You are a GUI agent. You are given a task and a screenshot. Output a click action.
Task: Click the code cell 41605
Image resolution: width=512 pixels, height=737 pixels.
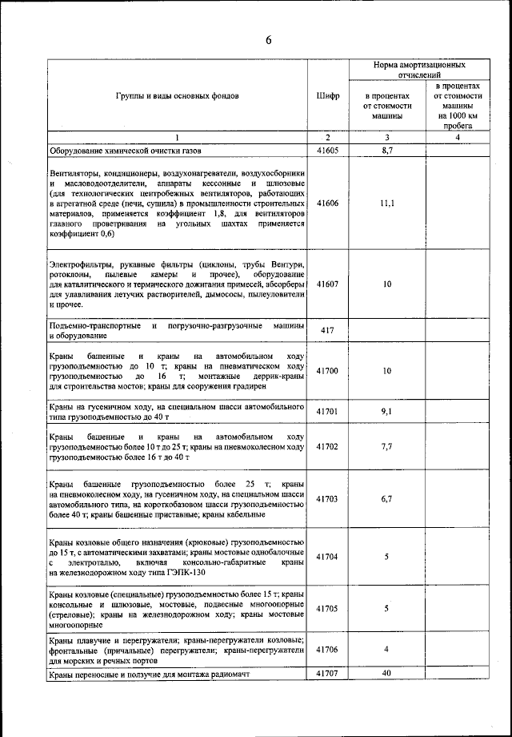click(328, 150)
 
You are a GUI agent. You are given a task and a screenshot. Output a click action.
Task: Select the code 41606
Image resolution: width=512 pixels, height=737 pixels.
click(328, 203)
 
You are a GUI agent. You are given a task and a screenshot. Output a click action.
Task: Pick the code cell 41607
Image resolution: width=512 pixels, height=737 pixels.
click(328, 284)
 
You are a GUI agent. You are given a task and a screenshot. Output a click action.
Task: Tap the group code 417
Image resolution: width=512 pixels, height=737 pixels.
click(327, 331)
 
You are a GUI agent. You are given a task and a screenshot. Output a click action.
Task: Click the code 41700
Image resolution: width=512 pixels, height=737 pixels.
click(328, 371)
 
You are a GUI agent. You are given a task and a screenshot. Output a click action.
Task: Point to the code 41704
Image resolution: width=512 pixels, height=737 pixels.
click(328, 556)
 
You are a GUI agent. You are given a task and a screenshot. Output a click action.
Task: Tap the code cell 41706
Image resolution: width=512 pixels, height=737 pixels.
click(328, 650)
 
